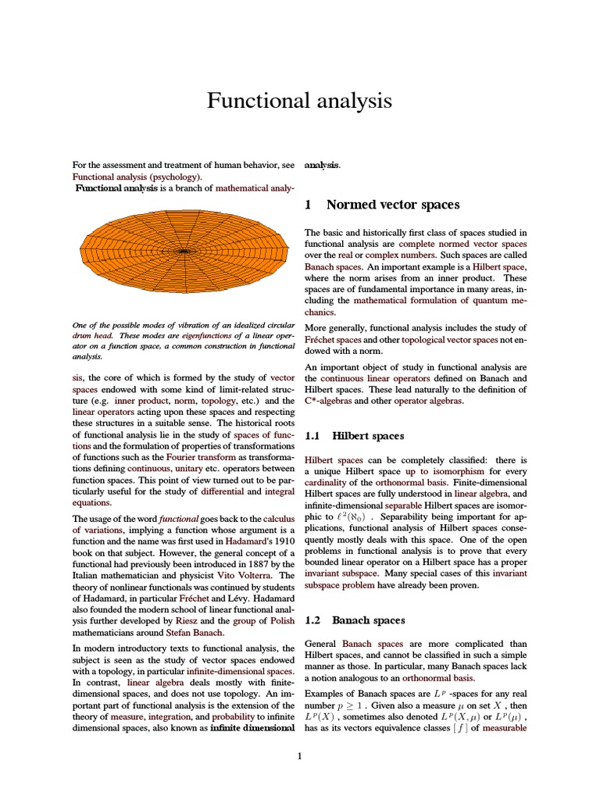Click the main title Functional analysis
[x=299, y=101]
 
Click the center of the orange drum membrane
[x=184, y=252]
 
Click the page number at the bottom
[x=299, y=755]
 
